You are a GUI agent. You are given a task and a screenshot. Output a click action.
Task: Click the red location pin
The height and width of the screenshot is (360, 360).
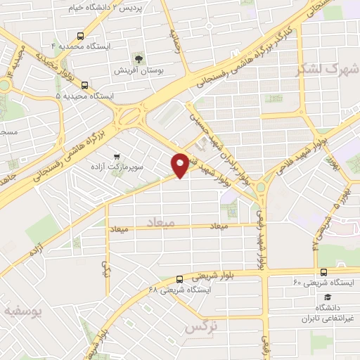(180, 165)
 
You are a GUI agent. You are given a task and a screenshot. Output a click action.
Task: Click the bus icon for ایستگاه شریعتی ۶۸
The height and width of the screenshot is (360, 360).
(181, 278)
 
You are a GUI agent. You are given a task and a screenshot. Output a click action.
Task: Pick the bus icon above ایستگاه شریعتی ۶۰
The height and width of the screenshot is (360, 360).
(323, 271)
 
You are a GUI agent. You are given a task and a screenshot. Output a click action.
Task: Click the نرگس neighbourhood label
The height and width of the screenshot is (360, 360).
(199, 328)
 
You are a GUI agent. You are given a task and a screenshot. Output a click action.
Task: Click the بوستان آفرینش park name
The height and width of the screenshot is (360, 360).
(137, 70)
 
